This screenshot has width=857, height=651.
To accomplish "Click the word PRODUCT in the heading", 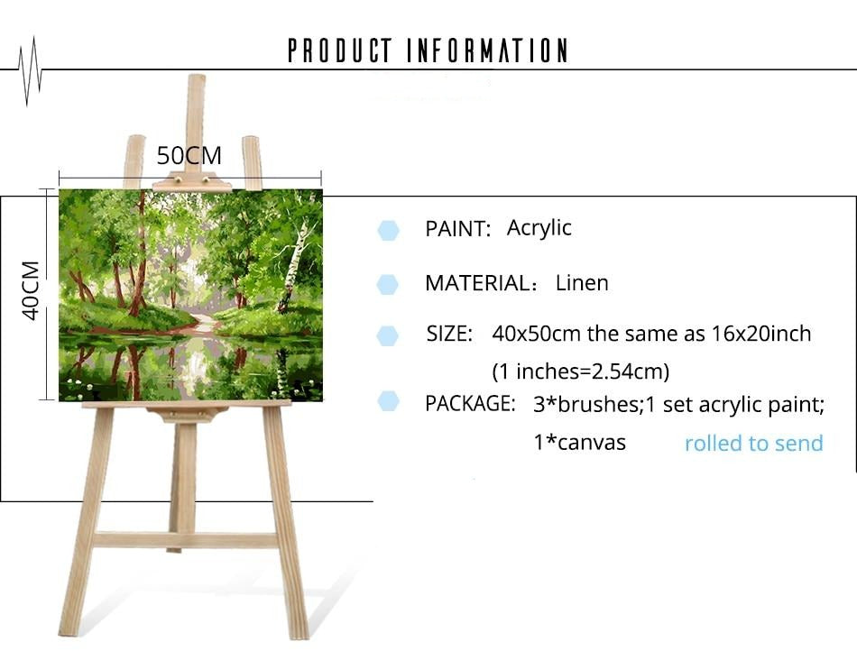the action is click(340, 50).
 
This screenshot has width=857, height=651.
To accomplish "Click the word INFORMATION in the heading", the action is click(487, 50).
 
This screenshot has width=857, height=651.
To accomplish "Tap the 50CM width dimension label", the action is click(189, 156).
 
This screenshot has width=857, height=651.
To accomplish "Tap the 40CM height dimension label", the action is click(31, 290).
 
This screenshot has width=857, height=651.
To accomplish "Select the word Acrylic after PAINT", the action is click(539, 228).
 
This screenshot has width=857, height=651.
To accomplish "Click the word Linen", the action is click(582, 283).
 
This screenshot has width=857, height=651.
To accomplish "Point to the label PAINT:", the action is click(458, 229).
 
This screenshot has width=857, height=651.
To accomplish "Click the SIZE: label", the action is click(449, 334).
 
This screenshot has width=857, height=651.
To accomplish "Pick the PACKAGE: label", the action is click(470, 404).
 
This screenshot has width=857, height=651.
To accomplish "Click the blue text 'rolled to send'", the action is click(753, 443).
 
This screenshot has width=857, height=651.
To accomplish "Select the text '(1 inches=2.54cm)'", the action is click(580, 371).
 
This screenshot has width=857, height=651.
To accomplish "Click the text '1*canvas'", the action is click(579, 442).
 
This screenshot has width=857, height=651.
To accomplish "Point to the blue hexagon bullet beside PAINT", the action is click(388, 231).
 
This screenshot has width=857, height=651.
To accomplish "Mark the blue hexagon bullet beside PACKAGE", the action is click(388, 401).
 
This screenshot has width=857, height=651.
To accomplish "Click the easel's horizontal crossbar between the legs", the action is click(185, 540).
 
